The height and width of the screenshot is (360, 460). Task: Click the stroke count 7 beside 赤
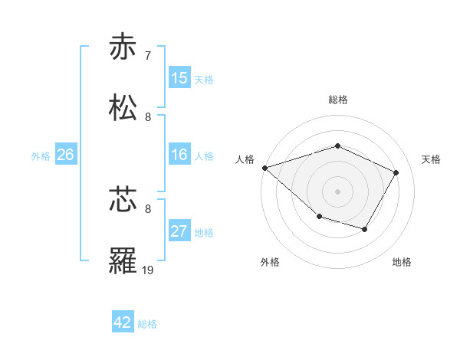[148, 55]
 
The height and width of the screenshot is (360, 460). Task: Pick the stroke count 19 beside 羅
[148, 270]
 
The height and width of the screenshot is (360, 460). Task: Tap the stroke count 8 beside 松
[148, 117]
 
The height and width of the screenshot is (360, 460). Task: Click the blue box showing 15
[179, 78]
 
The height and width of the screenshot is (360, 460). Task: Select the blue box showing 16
[179, 155]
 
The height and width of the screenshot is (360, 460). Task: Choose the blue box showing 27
[179, 231]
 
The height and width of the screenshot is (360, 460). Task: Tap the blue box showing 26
[66, 155]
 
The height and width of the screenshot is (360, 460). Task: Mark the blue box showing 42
[123, 322]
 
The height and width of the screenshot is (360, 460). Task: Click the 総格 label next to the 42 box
[148, 324]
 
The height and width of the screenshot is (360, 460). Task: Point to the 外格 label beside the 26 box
[41, 155]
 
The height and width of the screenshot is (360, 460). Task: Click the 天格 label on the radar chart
[432, 159]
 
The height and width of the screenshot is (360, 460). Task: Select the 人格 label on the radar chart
[245, 159]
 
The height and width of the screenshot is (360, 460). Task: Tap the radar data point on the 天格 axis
[396, 172]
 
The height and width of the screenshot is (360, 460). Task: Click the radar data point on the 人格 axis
[264, 168]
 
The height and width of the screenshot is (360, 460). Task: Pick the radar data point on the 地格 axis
[365, 229]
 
